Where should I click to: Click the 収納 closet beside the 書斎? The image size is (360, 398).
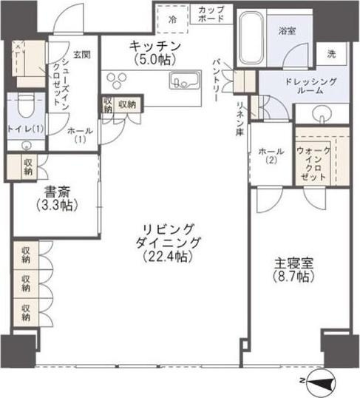(28, 167)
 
